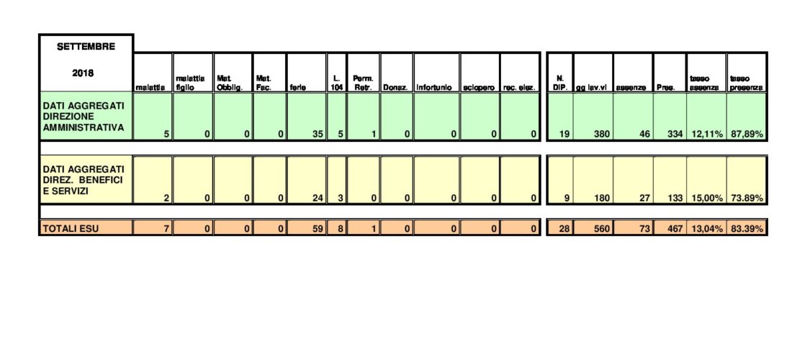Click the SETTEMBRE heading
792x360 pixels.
pos(86,47)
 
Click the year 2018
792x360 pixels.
pos(86,73)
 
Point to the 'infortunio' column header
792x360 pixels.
pos(435,87)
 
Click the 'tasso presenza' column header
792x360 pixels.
pos(746,83)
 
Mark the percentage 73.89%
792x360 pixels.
pos(747,197)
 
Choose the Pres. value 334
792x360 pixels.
pos(674,134)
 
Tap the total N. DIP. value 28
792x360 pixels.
pos(562,229)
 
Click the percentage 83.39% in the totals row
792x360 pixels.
pos(747,229)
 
